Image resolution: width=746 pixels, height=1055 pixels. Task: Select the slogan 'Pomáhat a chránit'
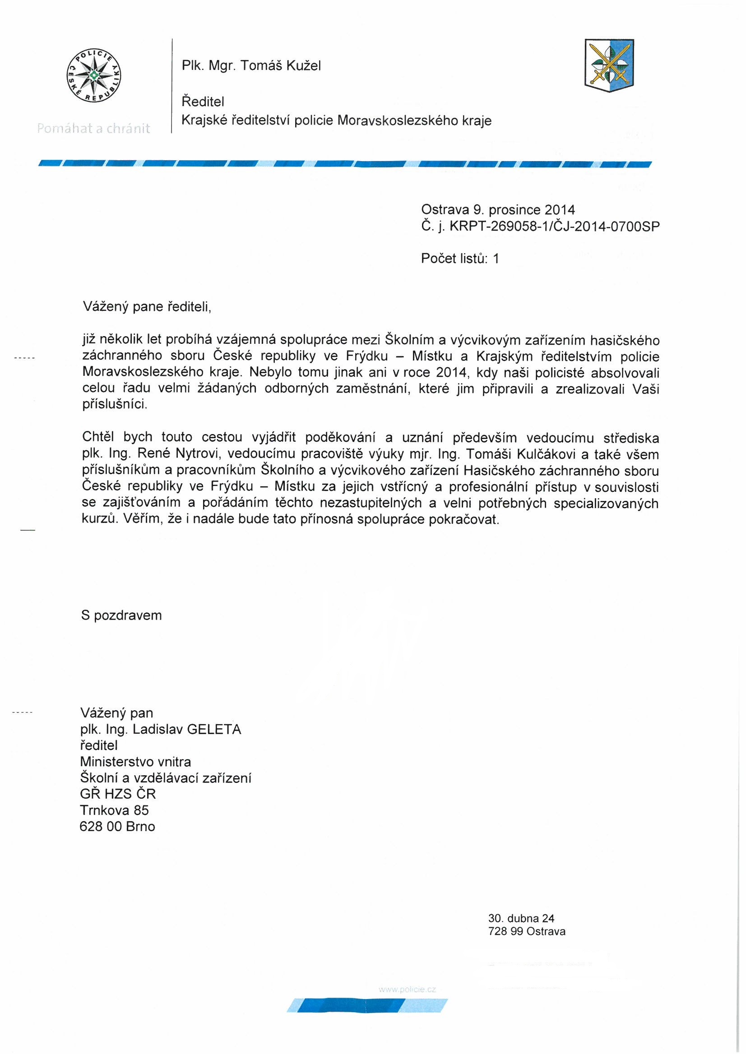point(94,129)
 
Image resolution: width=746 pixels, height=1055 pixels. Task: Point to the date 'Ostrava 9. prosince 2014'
point(498,210)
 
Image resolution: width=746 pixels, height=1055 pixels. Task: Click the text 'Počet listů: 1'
point(459,259)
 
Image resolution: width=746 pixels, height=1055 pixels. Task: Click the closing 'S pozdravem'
point(121,615)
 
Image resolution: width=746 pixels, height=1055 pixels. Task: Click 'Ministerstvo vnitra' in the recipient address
point(135,762)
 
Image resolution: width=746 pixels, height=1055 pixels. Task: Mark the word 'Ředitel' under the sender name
point(203,101)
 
